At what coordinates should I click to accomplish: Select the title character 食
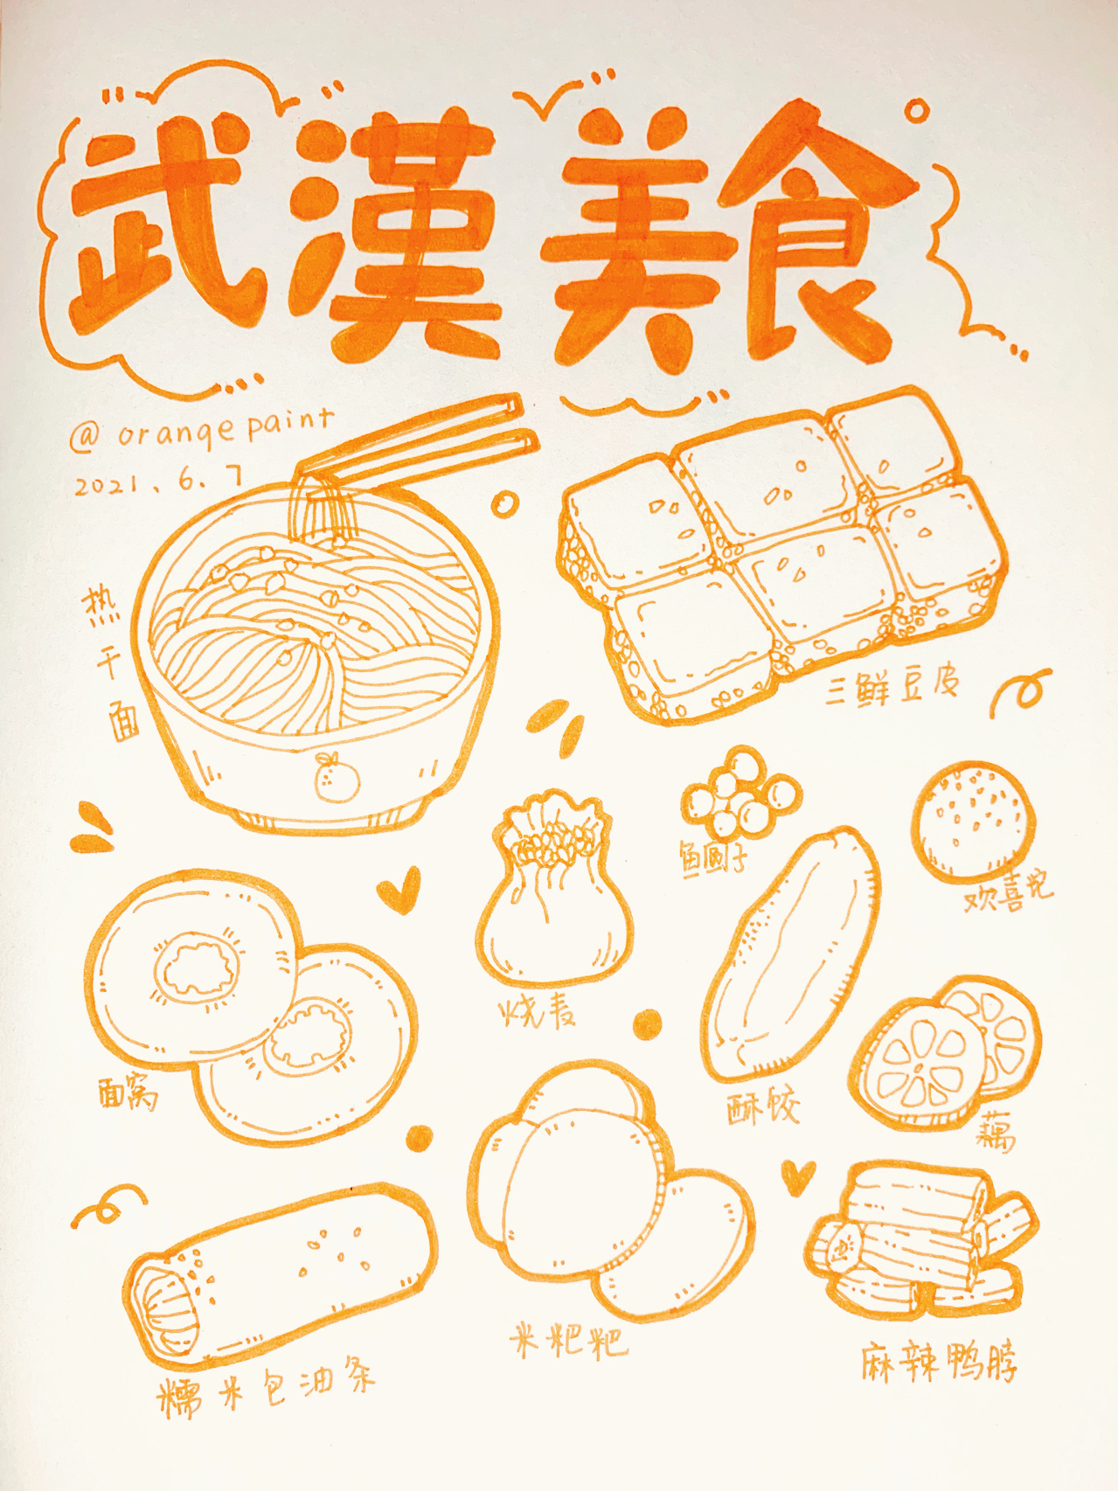coord(817,236)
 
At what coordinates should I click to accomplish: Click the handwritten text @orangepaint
coord(201,428)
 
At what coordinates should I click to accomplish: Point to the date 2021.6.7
coord(157,481)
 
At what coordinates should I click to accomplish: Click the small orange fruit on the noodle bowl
coord(337,778)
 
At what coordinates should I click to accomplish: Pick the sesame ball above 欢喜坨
coord(975,822)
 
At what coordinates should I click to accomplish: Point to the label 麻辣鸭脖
coord(940,1363)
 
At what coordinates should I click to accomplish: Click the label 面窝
coord(128,1092)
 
